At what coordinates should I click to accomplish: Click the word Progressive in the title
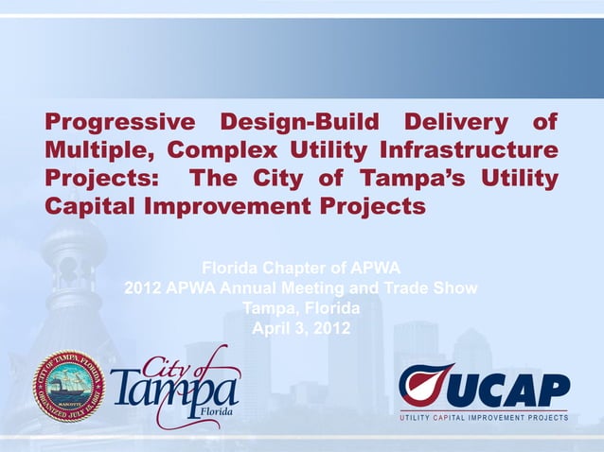click(x=119, y=123)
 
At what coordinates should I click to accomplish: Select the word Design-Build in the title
click(x=297, y=123)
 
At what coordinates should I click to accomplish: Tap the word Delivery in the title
click(x=453, y=123)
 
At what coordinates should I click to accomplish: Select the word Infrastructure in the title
click(x=468, y=150)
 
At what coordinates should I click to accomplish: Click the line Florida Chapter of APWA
click(x=301, y=268)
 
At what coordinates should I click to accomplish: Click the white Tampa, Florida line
click(x=301, y=308)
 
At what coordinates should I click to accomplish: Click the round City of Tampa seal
click(x=68, y=386)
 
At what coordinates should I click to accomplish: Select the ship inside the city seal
click(x=68, y=384)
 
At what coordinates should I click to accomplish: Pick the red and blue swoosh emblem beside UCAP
click(x=425, y=385)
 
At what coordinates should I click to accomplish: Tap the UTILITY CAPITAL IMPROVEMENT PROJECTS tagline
click(x=484, y=417)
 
